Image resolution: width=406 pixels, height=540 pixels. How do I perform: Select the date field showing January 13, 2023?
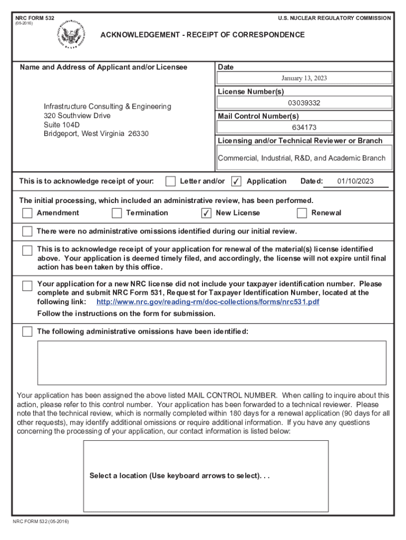coord(304,78)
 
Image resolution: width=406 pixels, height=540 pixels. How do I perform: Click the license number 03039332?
coord(304,103)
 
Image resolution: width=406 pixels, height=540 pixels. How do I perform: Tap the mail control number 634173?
coord(304,127)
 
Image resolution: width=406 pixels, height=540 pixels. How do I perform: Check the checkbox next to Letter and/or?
coord(170,181)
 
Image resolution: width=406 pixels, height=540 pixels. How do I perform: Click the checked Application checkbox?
coord(237,181)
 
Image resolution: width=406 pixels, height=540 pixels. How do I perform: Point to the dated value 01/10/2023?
coord(355,181)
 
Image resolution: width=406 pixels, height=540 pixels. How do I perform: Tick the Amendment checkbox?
coord(27,213)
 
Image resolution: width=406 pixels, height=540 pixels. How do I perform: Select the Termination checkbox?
coord(117,213)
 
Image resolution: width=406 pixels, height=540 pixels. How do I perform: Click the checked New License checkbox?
coord(207,213)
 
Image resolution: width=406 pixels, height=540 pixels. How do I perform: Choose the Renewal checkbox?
coord(302,213)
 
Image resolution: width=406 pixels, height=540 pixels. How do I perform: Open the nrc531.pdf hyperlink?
coord(208,302)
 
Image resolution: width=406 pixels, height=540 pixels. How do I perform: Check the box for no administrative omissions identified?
coord(27,232)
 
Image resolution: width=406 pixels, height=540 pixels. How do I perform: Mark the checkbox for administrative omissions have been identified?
coord(27,332)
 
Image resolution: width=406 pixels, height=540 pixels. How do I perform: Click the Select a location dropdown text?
coord(179,476)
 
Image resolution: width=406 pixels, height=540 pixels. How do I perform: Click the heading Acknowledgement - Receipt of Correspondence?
coord(202,35)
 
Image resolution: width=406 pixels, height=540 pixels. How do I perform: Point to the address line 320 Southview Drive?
coord(77,115)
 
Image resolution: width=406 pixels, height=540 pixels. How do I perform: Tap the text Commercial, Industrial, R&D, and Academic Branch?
coord(302,158)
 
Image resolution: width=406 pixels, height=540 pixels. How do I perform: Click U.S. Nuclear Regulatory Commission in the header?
coord(334,18)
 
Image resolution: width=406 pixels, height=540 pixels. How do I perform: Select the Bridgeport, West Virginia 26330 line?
coord(96,134)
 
